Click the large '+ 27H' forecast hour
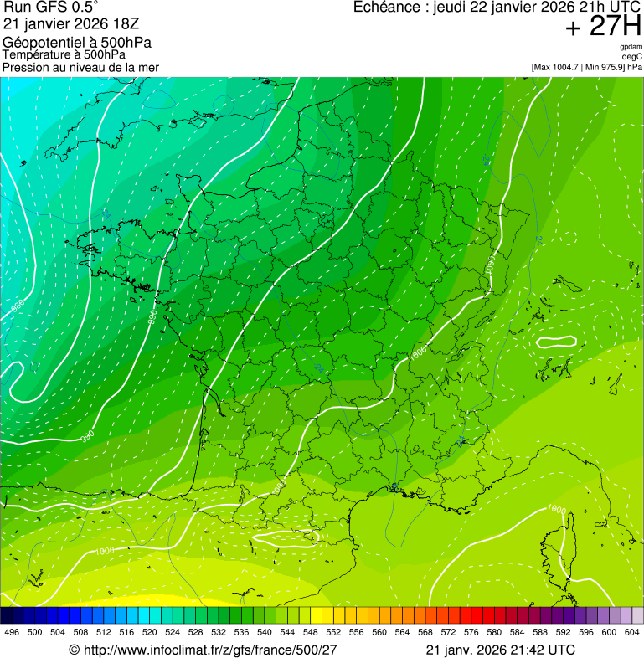point(603,27)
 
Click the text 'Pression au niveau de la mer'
point(80,67)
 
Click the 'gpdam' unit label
point(630,47)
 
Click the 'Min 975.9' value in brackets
point(608,66)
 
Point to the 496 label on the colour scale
point(12,631)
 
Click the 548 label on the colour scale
point(310,631)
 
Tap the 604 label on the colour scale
point(632,631)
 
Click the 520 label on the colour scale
point(149,631)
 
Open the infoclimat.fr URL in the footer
point(209,650)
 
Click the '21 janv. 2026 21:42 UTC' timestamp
point(500,650)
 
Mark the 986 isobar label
point(18,309)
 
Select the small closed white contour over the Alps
point(556,342)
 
